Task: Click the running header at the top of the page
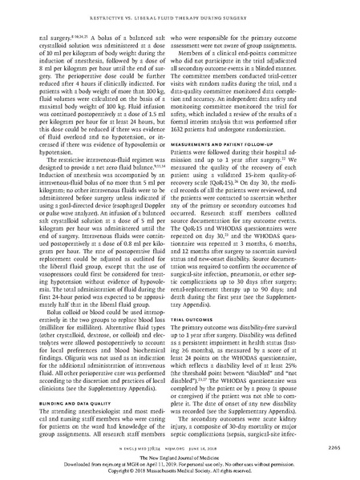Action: click(x=180, y=12)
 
